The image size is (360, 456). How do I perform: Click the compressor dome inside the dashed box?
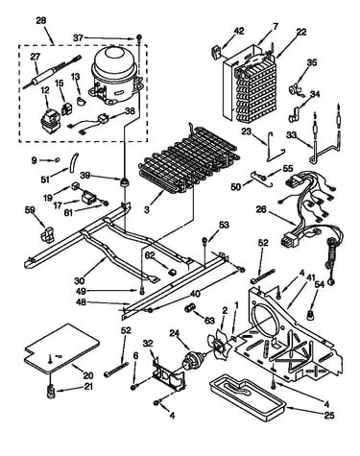click(115, 76)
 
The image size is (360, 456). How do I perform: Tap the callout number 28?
click(41, 20)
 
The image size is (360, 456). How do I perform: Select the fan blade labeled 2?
click(219, 346)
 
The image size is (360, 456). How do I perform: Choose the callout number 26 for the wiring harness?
click(261, 210)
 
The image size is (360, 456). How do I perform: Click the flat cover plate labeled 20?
click(61, 348)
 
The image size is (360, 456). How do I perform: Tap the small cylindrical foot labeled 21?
click(50, 392)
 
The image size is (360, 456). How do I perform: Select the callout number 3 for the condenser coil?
click(147, 209)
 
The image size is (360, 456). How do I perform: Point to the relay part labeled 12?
click(49, 120)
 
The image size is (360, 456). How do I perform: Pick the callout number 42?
click(239, 31)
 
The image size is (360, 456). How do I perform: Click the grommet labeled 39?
click(124, 182)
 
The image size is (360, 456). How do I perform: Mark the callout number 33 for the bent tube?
click(291, 134)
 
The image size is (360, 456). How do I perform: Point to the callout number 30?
click(80, 280)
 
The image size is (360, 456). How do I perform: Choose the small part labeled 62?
click(173, 272)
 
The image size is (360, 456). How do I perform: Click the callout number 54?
click(320, 284)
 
